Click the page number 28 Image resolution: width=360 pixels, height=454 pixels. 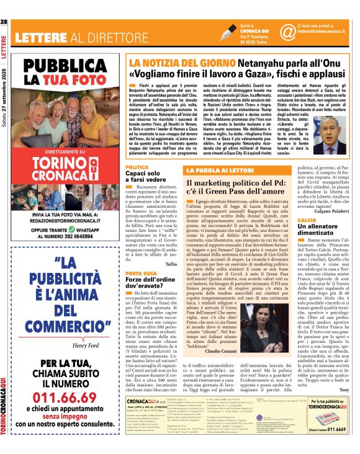click(4, 22)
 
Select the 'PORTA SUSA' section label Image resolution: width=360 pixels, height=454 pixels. click(140, 273)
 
